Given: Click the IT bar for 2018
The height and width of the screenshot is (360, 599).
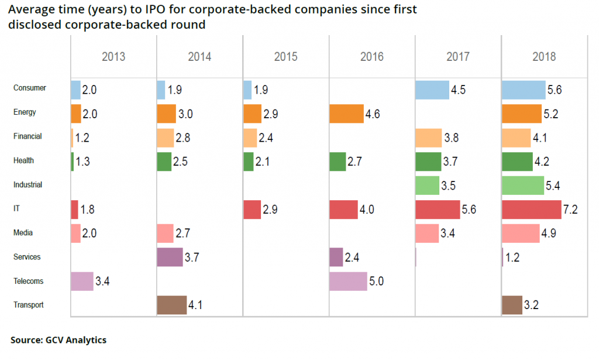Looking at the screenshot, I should pos(531,209).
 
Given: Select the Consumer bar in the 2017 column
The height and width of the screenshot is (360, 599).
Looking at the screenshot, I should pos(432,90).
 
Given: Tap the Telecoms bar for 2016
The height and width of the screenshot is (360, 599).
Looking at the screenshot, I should pos(348,281).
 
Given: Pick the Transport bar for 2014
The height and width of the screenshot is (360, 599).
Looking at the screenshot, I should pos(171,305).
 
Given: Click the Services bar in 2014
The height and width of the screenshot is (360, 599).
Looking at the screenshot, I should pos(170,257).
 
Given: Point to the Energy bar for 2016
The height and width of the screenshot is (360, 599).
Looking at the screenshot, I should pos(346,114).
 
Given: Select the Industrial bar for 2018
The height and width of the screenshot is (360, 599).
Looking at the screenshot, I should pos(523,185).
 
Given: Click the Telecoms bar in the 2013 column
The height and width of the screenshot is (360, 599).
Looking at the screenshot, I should pos(81,281).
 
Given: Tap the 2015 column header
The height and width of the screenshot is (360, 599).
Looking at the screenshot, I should pos(285,57).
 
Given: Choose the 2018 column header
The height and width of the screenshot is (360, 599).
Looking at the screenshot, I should pos(544,57).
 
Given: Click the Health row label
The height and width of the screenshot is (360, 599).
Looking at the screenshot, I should pos(23,160).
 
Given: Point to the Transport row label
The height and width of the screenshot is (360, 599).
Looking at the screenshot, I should pos(28,305).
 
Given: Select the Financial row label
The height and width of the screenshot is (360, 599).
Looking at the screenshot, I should pos(27,136).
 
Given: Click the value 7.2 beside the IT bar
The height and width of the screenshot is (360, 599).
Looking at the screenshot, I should pos(571,210).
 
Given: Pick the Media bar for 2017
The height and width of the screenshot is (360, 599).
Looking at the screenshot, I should pos(426,233).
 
